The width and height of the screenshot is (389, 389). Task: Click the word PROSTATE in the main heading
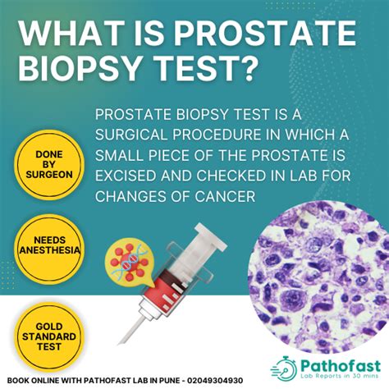(265, 33)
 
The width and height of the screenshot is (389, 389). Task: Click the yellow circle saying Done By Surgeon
(49, 165)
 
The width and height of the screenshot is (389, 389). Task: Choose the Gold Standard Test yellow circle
(49, 336)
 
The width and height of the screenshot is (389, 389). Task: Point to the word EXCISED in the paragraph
(126, 176)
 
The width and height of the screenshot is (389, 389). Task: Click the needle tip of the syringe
(120, 343)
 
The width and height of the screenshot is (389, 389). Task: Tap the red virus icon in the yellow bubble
(130, 262)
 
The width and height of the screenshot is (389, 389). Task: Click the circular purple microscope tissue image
(318, 277)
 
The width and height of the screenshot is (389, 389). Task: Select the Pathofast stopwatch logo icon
(284, 369)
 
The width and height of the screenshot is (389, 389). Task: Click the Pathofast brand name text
(341, 366)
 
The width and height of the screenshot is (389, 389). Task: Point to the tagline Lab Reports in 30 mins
(340, 376)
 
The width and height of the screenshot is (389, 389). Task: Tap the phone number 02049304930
(215, 381)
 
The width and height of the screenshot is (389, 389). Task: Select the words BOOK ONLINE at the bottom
(33, 381)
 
